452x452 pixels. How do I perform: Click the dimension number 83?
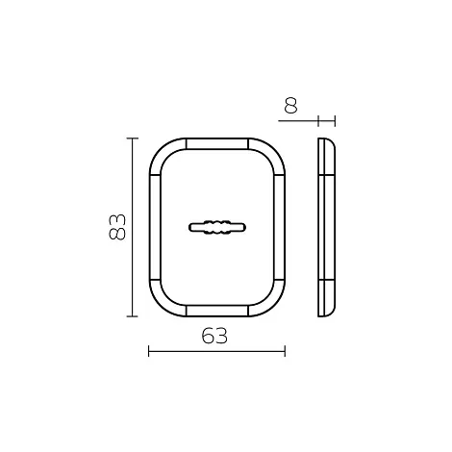(117, 227)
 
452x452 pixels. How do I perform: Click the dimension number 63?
(214, 336)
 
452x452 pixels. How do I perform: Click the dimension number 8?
(291, 106)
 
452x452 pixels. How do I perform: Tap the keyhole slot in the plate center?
(217, 227)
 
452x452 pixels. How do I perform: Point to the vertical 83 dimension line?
(133, 227)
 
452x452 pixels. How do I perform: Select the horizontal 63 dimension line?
(216, 351)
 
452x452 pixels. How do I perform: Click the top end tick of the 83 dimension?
(133, 138)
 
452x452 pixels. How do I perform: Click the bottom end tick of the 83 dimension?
(133, 316)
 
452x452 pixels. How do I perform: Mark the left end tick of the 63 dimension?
(149, 351)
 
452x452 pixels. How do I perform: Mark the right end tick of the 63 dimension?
(285, 351)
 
